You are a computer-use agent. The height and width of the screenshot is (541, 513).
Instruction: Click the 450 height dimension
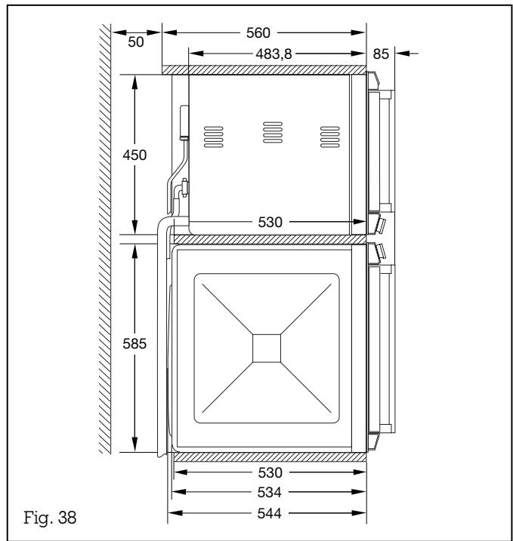[135, 154]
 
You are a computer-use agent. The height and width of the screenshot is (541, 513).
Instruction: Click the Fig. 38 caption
[53, 519]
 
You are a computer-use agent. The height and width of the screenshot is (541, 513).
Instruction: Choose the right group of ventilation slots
[327, 134]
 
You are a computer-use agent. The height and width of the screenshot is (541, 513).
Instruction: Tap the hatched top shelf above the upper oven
[264, 69]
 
